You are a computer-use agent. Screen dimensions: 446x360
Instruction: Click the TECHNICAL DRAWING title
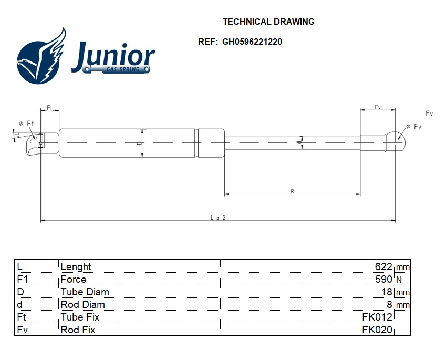268,22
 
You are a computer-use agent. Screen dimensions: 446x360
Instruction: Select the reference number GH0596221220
252,42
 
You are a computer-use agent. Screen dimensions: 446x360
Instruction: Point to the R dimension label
293,191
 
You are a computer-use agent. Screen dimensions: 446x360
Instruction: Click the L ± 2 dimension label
218,218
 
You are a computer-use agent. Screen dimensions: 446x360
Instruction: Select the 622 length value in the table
383,266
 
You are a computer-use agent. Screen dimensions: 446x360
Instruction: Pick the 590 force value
383,279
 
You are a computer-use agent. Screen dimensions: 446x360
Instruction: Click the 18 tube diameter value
387,292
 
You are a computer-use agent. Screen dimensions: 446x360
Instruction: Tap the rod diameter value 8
389,304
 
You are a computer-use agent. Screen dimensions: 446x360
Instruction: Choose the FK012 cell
377,317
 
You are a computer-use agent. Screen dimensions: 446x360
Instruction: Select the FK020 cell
377,330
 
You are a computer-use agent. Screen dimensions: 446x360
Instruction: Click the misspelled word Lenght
76,267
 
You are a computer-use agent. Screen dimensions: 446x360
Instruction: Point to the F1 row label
23,279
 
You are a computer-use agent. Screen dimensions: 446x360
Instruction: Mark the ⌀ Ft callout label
26,124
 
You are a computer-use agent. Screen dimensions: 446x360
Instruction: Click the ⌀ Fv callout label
413,126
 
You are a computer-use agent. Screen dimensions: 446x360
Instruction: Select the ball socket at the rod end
396,142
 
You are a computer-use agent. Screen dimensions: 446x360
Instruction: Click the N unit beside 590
399,280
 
